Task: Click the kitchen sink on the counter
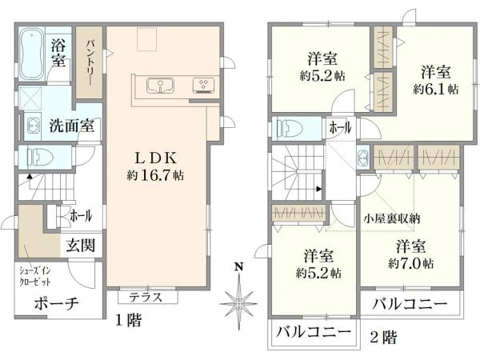click(160, 85)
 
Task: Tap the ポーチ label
click(55, 305)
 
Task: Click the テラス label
click(146, 297)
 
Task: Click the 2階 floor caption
click(383, 338)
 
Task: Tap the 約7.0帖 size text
click(411, 262)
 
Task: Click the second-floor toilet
click(289, 128)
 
